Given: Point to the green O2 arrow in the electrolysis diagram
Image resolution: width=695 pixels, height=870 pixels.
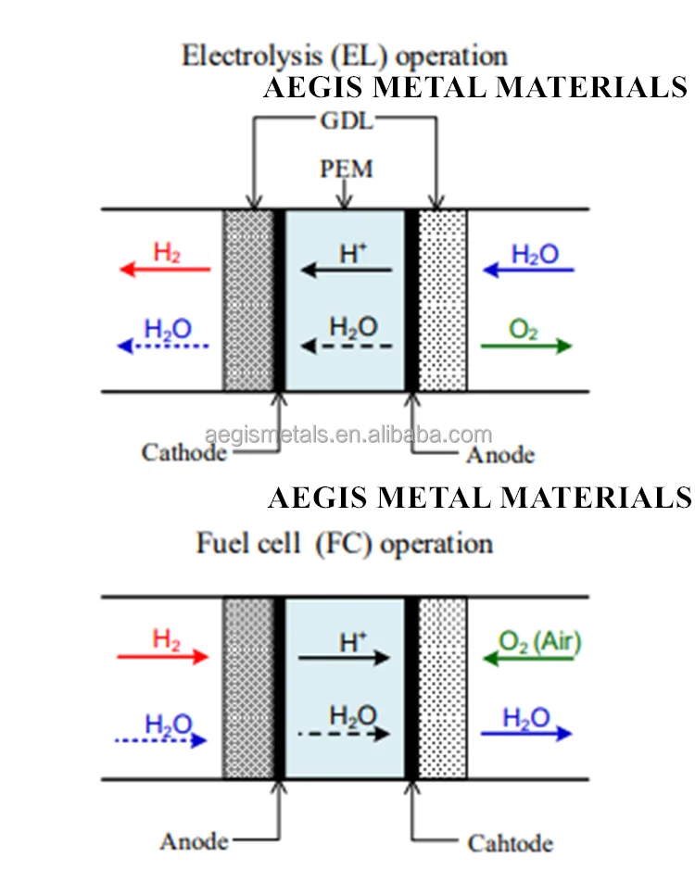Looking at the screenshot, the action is (525, 346).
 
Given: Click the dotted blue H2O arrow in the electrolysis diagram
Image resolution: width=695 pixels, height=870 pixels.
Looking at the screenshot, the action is (164, 346).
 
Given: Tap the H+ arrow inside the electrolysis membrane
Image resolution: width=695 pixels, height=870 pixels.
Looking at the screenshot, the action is (347, 270).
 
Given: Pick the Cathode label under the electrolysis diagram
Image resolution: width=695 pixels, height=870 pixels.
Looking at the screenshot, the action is (183, 452).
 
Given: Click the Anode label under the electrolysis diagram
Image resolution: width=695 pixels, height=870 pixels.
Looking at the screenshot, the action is (500, 454).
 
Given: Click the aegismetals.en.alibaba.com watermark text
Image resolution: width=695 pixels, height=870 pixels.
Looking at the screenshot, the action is (347, 434).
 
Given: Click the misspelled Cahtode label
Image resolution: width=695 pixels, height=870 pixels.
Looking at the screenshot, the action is (511, 843).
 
